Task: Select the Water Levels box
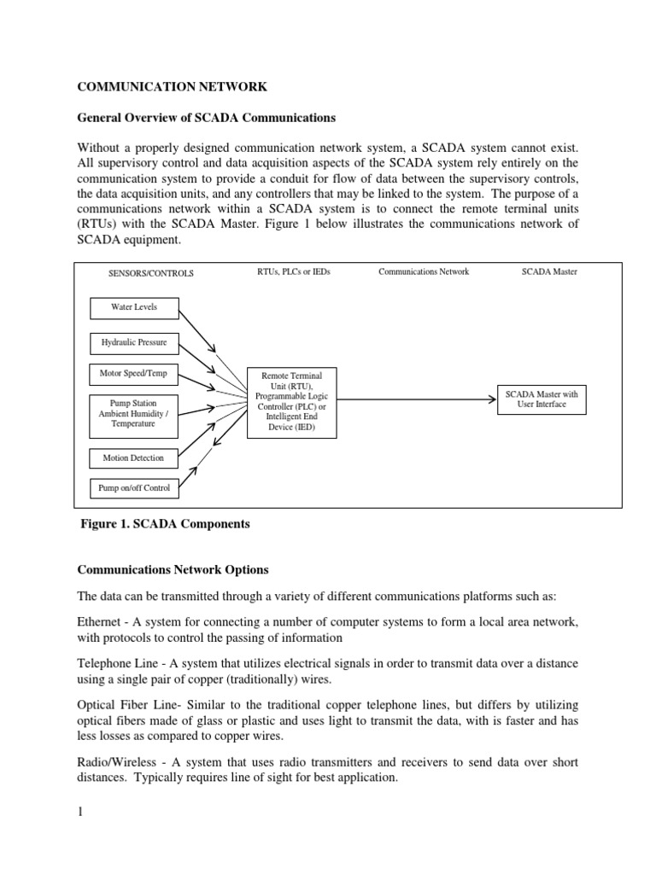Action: [x=134, y=307]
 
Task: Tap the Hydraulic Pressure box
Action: [x=134, y=343]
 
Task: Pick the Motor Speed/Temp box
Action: [x=134, y=373]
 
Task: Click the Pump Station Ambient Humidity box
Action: [x=134, y=412]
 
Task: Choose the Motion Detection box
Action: [x=134, y=458]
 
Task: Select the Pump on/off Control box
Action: [x=134, y=488]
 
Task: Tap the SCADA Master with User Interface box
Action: [x=542, y=399]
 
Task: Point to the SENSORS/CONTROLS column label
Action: [x=150, y=273]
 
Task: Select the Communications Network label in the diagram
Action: [x=424, y=272]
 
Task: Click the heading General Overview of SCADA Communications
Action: [x=207, y=117]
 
